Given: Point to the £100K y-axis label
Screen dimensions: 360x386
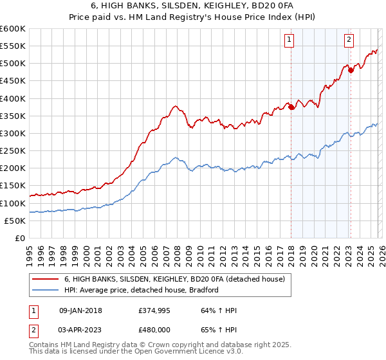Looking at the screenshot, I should tap(13, 203).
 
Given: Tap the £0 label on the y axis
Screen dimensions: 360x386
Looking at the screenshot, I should tap(20, 238).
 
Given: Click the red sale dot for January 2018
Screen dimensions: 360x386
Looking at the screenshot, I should tap(291, 107).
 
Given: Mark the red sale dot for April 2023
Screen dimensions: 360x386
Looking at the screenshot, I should tap(351, 71).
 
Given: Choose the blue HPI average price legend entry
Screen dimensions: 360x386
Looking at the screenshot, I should tap(142, 290).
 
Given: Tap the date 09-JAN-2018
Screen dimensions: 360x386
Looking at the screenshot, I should tap(80, 310).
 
